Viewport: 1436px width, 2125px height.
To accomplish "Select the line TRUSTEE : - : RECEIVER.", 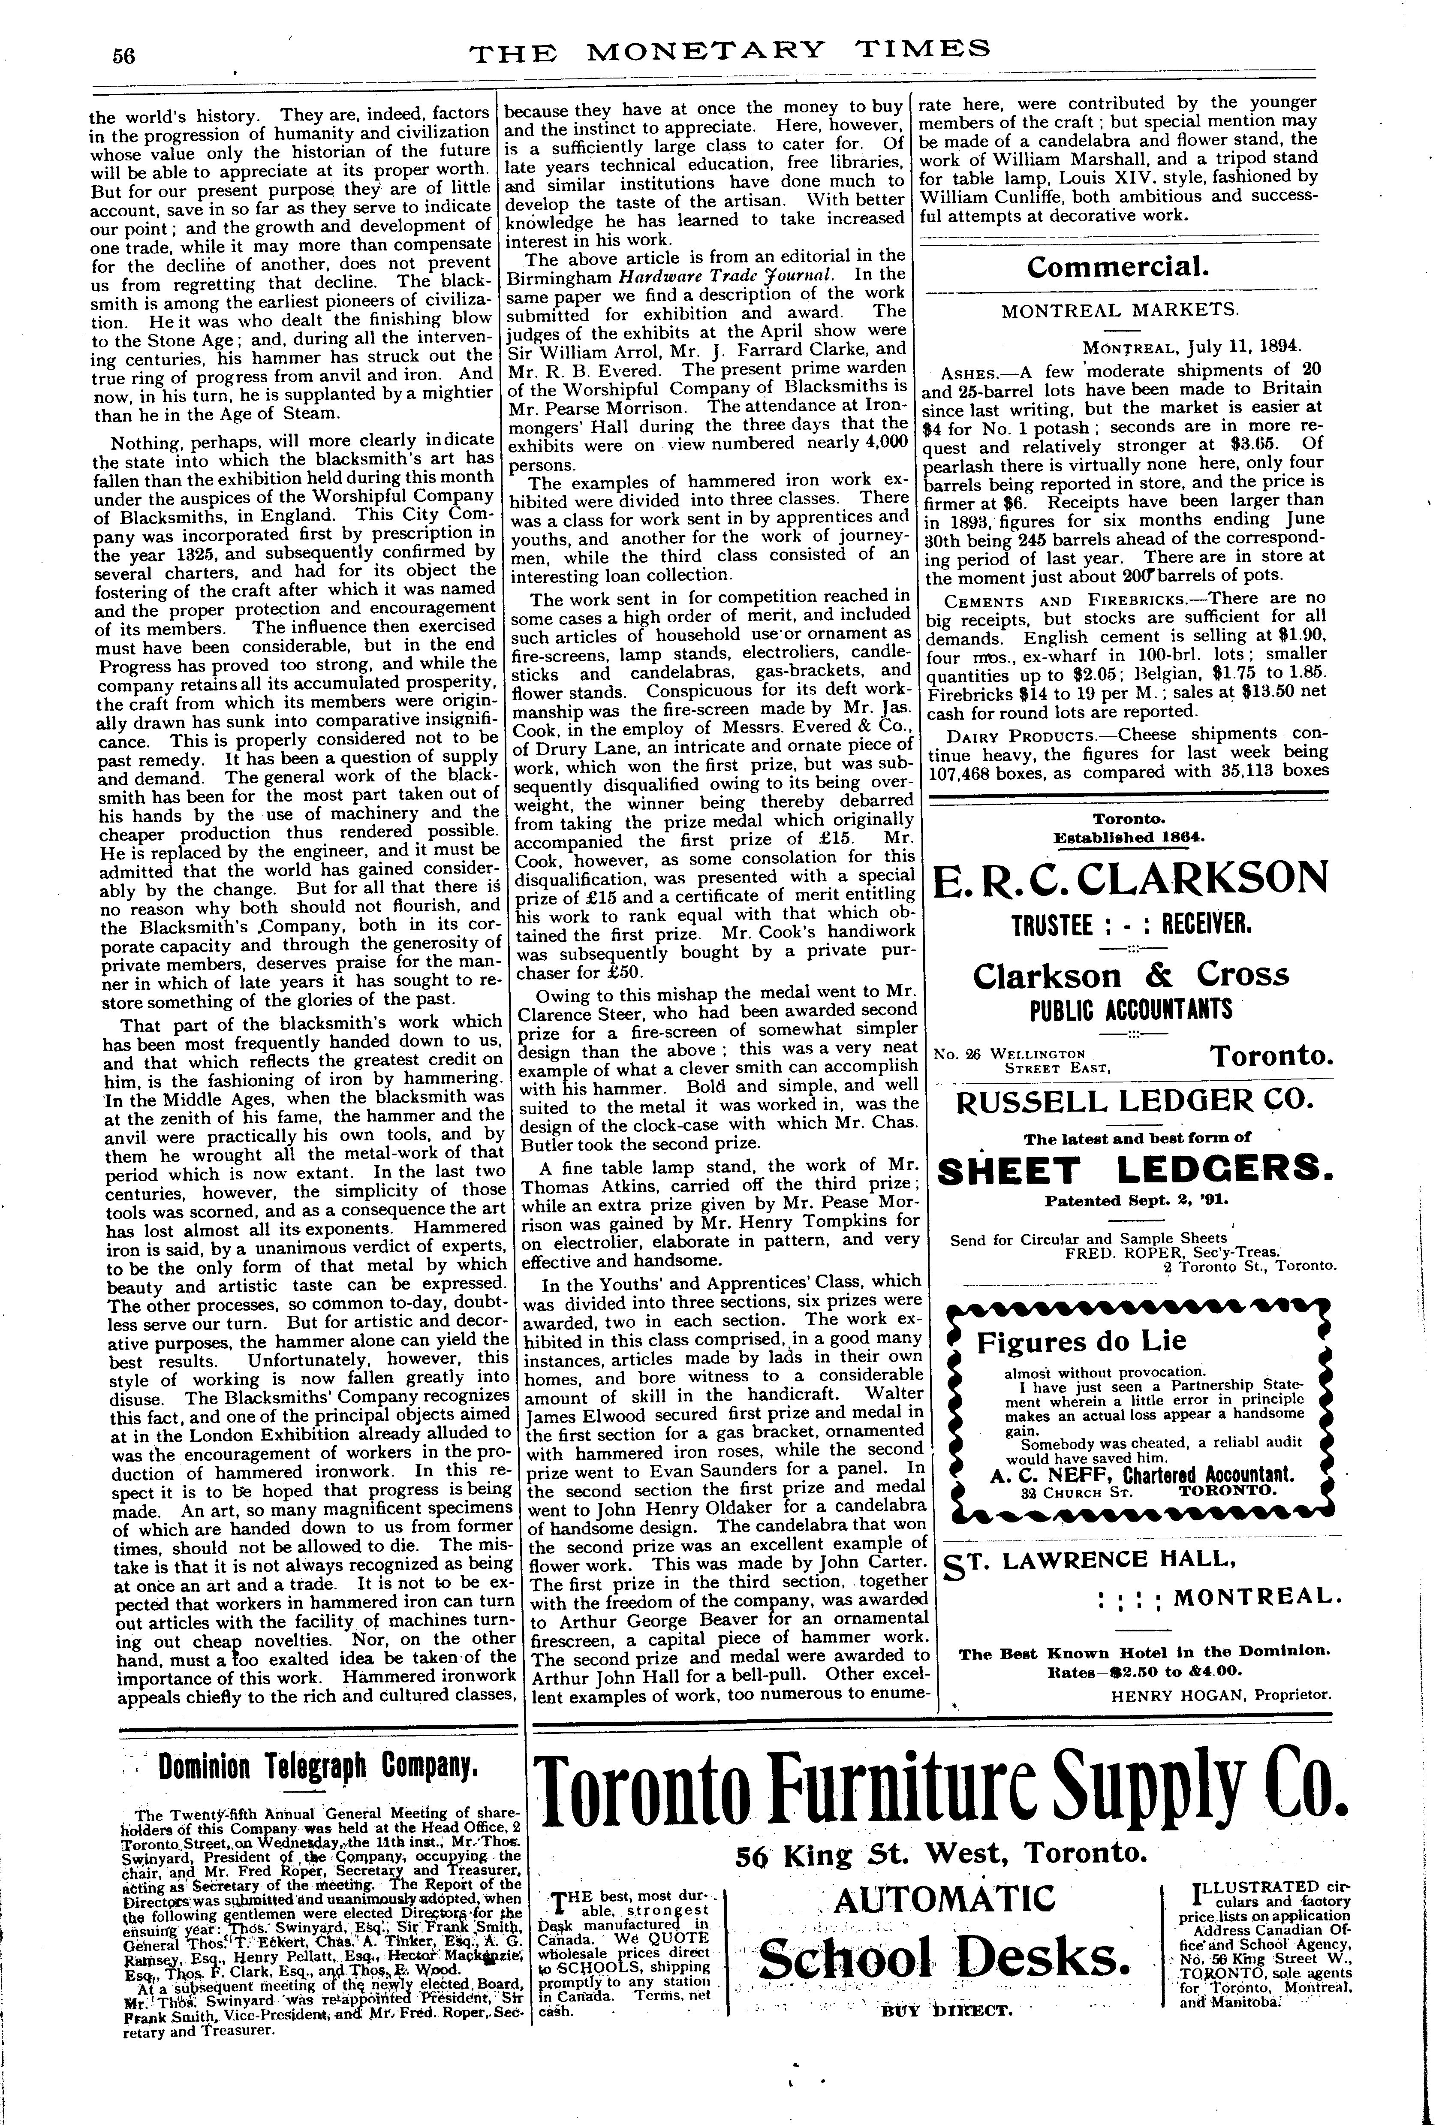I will (1131, 925).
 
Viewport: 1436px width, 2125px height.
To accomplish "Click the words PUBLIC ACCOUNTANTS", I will (1131, 1010).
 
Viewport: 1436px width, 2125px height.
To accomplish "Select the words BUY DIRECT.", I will (945, 2003).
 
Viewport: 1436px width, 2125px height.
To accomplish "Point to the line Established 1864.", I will (1131, 836).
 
